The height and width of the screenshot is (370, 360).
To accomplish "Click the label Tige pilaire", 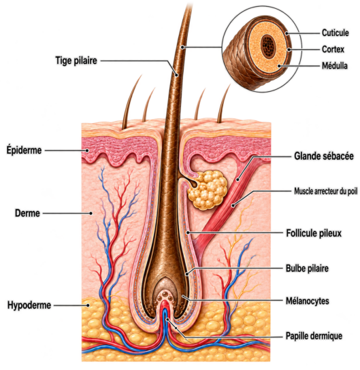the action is (x=76, y=61).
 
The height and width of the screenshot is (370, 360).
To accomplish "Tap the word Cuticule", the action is (x=336, y=33).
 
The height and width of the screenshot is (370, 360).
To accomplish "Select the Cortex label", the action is (x=333, y=50).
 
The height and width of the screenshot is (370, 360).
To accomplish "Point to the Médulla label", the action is (x=335, y=65).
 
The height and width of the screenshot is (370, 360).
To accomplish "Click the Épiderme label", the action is (x=24, y=150).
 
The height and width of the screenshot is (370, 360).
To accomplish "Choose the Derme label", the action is (x=27, y=213).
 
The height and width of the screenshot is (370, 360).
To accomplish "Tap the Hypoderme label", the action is (x=29, y=305).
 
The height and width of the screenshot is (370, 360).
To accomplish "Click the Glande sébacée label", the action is (x=324, y=156).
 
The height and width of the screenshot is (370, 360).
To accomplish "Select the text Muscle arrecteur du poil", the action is (x=326, y=191).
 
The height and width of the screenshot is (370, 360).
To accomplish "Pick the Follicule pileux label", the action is (x=314, y=233).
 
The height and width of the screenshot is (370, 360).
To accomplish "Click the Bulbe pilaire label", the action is (x=307, y=268).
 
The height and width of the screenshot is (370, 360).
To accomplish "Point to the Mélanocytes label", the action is (x=308, y=301).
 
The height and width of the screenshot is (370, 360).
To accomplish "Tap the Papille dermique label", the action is (x=314, y=336).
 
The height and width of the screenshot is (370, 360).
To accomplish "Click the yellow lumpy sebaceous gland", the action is (x=208, y=190).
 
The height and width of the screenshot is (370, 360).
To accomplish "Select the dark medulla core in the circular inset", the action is (x=268, y=46).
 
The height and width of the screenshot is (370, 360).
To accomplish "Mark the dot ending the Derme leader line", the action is (x=91, y=214).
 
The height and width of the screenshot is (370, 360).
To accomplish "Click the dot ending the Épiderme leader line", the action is (x=87, y=150).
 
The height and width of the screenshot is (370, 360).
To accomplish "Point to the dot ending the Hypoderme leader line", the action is (x=88, y=305).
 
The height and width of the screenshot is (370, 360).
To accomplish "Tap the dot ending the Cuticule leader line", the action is (x=287, y=33).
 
